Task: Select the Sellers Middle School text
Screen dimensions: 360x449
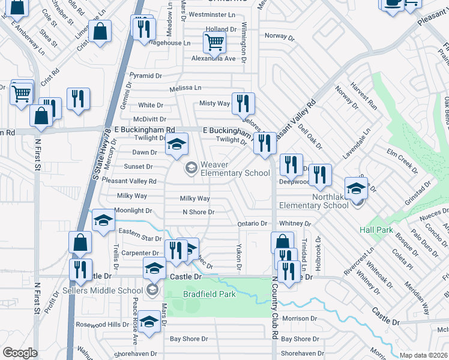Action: (103, 290)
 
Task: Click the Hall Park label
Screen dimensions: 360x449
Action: (376, 230)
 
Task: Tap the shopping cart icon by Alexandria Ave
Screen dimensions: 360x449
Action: (214, 42)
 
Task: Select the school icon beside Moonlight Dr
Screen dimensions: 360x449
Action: (103, 220)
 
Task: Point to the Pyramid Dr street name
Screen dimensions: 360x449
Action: (146, 76)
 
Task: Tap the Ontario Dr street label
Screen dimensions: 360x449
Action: (252, 223)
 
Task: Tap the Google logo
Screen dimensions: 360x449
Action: (20, 353)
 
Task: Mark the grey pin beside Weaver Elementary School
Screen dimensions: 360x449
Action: (191, 167)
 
